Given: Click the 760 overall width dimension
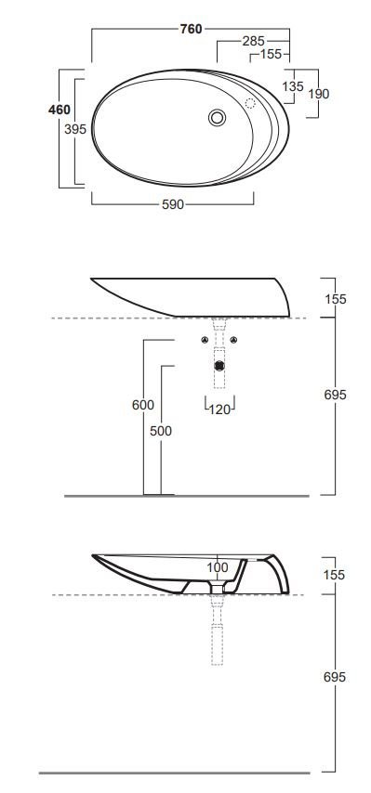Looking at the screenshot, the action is tap(191, 30).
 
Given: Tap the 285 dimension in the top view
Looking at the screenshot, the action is tap(253, 41).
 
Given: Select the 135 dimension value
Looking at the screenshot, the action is tap(293, 86).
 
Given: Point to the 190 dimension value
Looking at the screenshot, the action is tap(318, 94).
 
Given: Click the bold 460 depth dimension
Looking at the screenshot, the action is tap(60, 110).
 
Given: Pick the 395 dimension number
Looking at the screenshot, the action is tap(75, 129).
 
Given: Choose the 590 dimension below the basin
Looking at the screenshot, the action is tap(173, 204).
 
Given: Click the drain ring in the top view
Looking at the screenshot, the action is tap(218, 118).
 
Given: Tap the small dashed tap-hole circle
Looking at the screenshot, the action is tap(250, 104).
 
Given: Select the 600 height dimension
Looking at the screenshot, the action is tap(143, 405).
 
